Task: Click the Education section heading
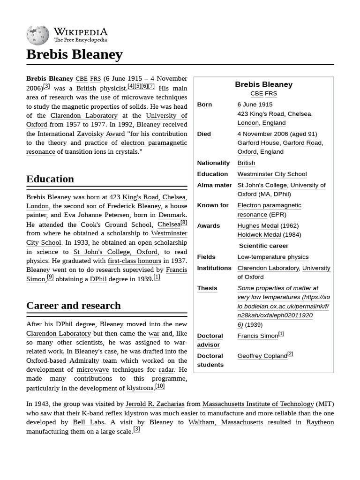(x=50, y=179)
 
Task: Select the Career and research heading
(x=74, y=306)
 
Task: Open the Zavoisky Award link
(x=101, y=134)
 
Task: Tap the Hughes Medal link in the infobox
(x=258, y=225)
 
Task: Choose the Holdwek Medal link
(x=259, y=234)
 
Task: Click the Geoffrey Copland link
(x=262, y=356)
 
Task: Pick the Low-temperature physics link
(x=273, y=257)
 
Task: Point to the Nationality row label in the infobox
(x=213, y=163)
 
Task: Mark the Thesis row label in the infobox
(x=207, y=288)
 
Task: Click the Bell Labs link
(x=89, y=422)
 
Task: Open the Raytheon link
(x=320, y=422)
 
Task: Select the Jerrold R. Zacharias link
(x=155, y=404)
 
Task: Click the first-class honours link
(x=134, y=261)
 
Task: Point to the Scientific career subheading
(x=263, y=246)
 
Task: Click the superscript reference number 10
(x=160, y=386)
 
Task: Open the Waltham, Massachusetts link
(x=225, y=422)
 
